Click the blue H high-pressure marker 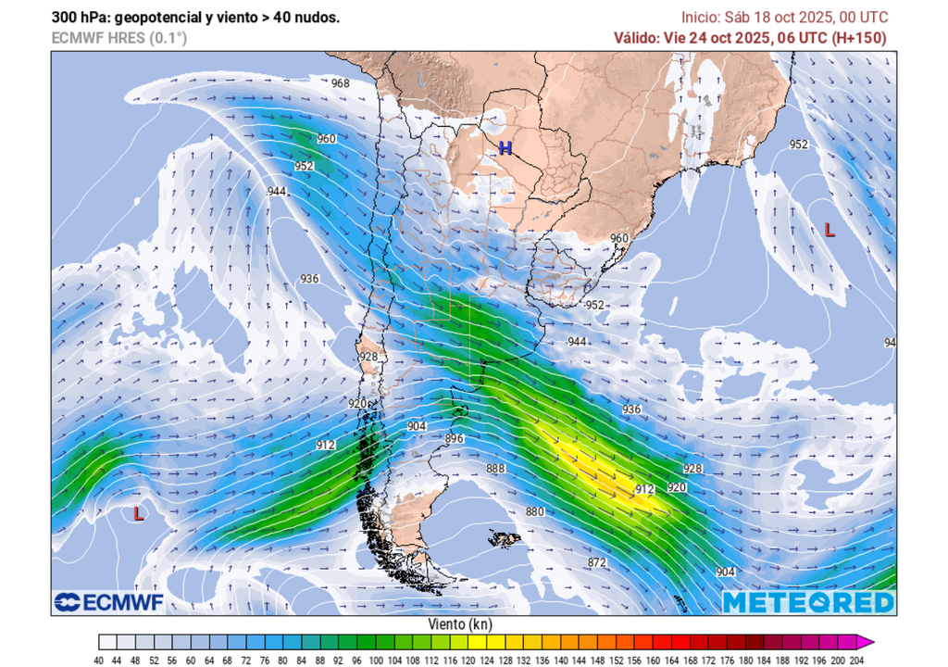(505, 148)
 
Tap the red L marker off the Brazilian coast (829, 231)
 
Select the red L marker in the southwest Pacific (138, 512)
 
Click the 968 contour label (341, 83)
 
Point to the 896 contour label (454, 438)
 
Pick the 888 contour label (496, 469)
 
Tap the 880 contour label (535, 511)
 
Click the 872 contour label (596, 562)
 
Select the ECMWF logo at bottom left (108, 602)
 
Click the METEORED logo (808, 603)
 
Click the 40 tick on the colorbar (99, 660)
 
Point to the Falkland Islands (505, 537)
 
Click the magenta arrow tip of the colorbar (867, 642)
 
